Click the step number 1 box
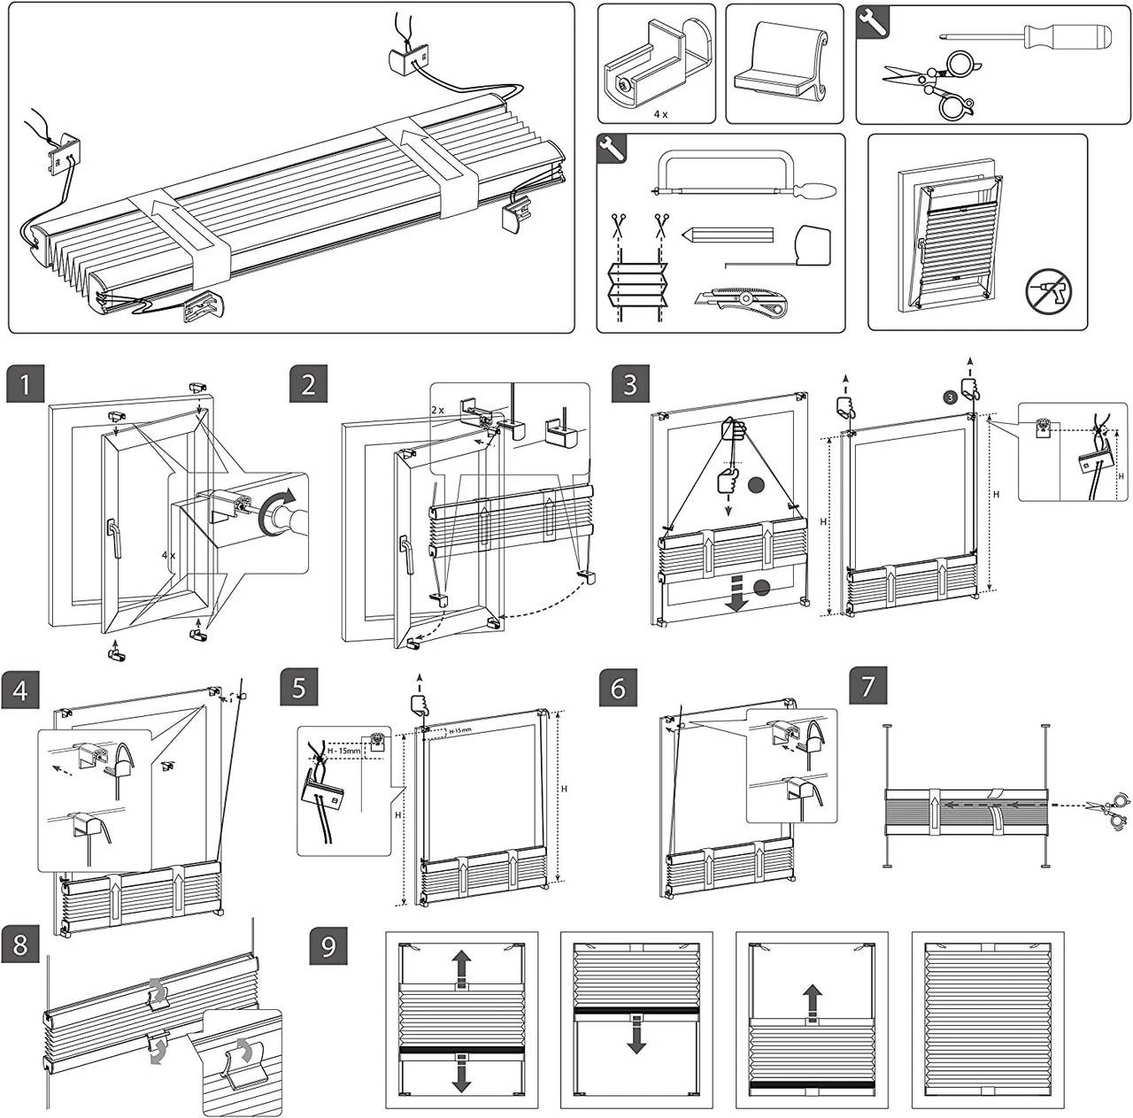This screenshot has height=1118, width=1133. coord(27,385)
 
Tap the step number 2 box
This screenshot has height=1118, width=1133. coord(309,385)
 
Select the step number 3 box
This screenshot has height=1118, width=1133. coord(630,385)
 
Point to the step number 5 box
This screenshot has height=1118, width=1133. coord(299,689)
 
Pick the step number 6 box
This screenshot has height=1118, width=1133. coord(618,689)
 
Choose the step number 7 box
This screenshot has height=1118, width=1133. coord(868,689)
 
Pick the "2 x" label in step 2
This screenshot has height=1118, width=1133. coord(438,410)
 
